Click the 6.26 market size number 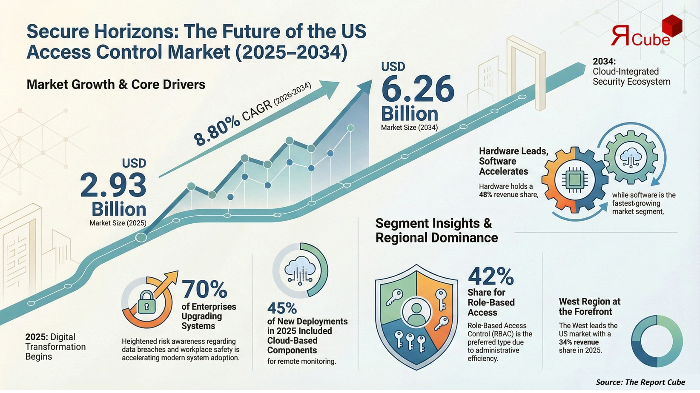point(418,89)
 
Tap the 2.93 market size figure point(113,185)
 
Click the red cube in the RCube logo point(671,26)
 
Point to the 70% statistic point(204,289)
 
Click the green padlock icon point(146,302)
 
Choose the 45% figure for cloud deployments point(282,308)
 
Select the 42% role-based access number point(491,276)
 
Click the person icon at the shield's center point(416,313)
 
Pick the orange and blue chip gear point(575,180)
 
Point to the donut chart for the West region point(657,341)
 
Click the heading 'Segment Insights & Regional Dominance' point(436,230)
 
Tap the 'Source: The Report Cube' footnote point(640,382)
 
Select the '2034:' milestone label point(604,61)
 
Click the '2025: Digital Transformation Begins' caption point(55,347)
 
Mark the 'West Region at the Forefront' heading point(589,306)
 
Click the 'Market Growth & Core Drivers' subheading point(116,84)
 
